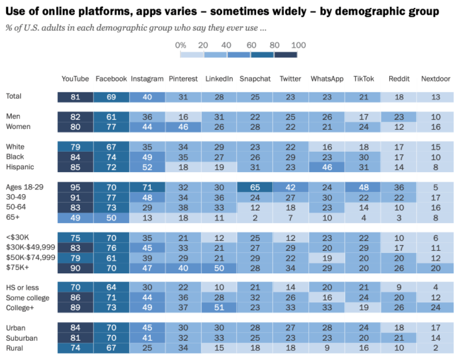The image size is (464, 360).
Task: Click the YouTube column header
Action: pos(75,79)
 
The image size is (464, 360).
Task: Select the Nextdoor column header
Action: pos(436,79)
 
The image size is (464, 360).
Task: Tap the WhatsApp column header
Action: pos(327,79)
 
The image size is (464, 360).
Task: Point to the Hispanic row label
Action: pos(19,167)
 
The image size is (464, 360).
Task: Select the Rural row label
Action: pos(15,348)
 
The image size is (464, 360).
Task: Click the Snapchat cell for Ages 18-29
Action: pos(255,187)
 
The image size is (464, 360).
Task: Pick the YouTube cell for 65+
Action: pos(75,217)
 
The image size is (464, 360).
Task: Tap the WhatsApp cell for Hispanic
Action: pos(327,168)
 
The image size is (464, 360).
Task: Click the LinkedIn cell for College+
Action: pos(219,307)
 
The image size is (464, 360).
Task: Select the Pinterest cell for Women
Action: pos(183,127)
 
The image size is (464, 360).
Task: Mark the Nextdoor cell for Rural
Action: pos(436,348)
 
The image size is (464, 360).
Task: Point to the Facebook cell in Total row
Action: pos(111,97)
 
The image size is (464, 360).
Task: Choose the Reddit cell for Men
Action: pos(399,117)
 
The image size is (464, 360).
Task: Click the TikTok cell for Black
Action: pos(363,157)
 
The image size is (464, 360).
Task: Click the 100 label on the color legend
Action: pos(299,45)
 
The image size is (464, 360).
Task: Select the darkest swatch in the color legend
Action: pos(286,54)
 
